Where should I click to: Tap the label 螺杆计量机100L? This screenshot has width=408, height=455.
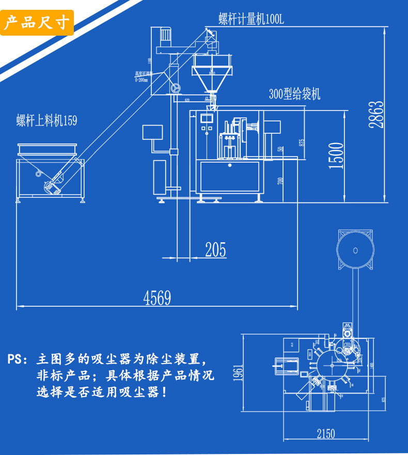pyautogui.click(x=251, y=20)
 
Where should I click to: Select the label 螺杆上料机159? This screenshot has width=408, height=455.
pyautogui.click(x=46, y=121)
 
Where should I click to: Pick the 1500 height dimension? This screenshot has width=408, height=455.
pyautogui.click(x=336, y=155)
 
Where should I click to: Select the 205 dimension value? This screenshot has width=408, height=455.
pyautogui.click(x=215, y=249)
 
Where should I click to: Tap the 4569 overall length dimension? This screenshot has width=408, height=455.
pyautogui.click(x=157, y=297)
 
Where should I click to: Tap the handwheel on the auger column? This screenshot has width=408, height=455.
pyautogui.click(x=176, y=88)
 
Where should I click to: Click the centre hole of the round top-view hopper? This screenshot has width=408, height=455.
pyautogui.click(x=355, y=251)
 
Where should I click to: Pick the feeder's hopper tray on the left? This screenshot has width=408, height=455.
pyautogui.click(x=46, y=150)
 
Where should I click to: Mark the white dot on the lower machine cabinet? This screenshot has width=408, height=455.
pyautogui.click(x=229, y=165)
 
